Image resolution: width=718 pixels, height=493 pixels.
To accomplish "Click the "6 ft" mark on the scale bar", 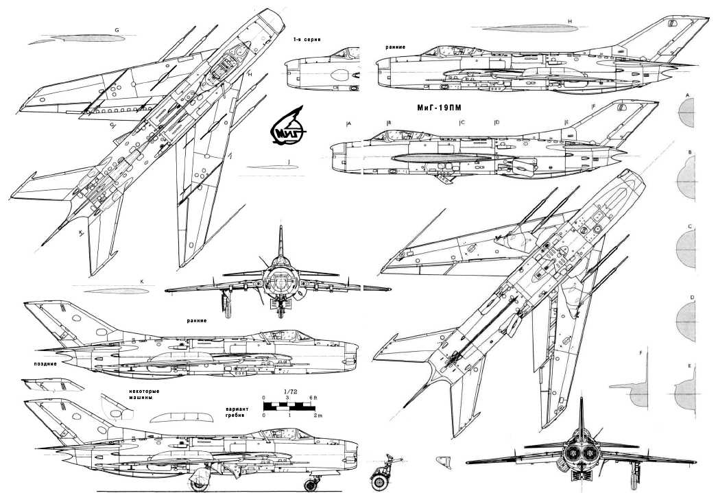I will pos(313,398).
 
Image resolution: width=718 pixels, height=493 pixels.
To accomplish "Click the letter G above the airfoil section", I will pos(117,30).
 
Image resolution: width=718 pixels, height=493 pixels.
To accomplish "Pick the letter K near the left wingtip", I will pos(141,282).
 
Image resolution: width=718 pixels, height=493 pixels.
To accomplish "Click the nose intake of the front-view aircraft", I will pos(280,282).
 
